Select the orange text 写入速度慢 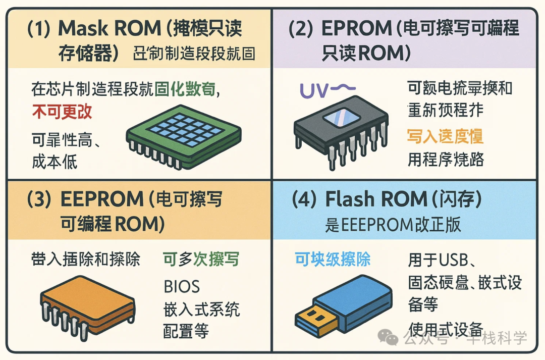pos(445,136)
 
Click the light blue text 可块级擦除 pos(333,260)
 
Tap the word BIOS pos(182,286)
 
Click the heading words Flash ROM pos(376,199)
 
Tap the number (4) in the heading pos(305,199)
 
